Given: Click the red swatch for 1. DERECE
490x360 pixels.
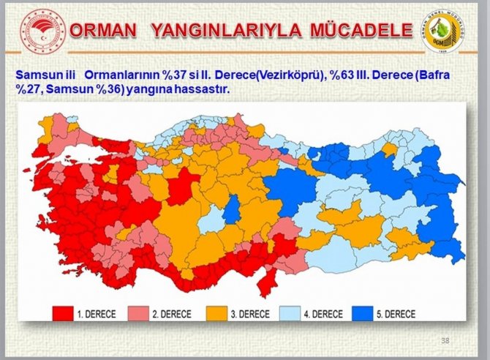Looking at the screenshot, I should click(64, 314).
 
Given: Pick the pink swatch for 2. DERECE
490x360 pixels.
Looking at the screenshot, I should click(141, 314).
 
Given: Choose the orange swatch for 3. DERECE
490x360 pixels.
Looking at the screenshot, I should click(219, 314).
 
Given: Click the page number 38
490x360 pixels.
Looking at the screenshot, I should click(445, 340).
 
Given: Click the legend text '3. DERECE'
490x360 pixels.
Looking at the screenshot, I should click(249, 314).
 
